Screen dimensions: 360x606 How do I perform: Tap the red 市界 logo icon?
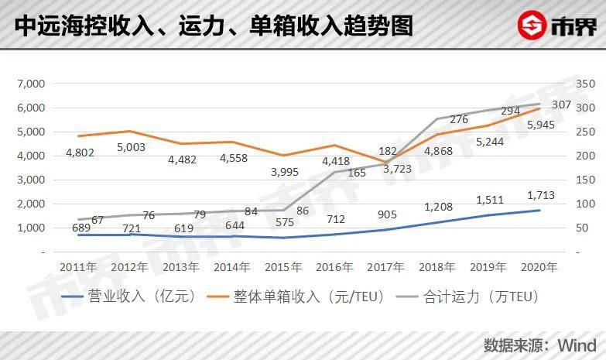click(x=532, y=26)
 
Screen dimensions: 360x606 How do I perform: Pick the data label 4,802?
click(x=80, y=153)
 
